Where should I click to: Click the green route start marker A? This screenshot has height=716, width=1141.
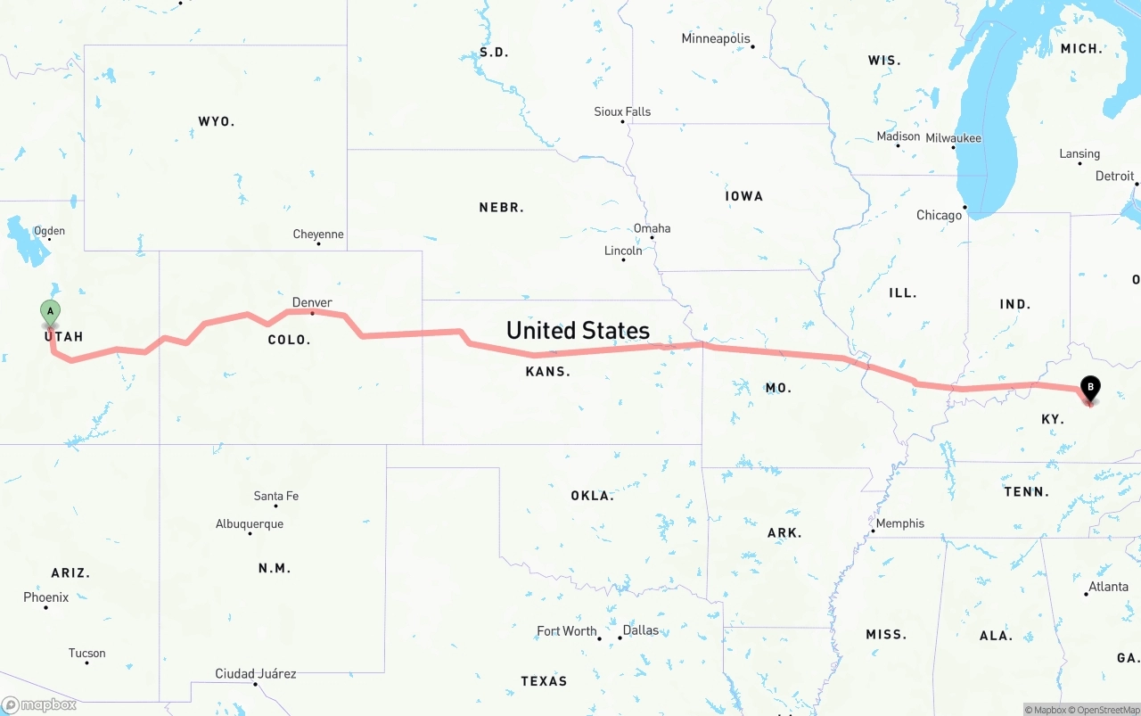pyautogui.click(x=51, y=312)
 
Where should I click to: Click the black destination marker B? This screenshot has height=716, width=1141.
pyautogui.click(x=1089, y=388)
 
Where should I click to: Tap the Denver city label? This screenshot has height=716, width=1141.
pyautogui.click(x=312, y=302)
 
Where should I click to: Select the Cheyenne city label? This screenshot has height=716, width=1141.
pyautogui.click(x=318, y=234)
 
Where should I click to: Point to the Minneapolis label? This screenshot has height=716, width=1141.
pyautogui.click(x=716, y=38)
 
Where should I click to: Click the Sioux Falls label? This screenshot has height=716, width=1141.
pyautogui.click(x=622, y=111)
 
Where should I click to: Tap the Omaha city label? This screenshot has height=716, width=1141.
pyautogui.click(x=652, y=228)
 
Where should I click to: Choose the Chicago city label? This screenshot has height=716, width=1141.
pyautogui.click(x=940, y=215)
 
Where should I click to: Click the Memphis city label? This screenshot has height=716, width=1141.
pyautogui.click(x=900, y=523)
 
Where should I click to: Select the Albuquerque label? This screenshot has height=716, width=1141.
pyautogui.click(x=250, y=523)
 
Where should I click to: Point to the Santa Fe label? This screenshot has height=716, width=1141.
pyautogui.click(x=276, y=496)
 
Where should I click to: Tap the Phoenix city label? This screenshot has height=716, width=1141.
pyautogui.click(x=45, y=597)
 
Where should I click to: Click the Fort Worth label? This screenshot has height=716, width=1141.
pyautogui.click(x=567, y=630)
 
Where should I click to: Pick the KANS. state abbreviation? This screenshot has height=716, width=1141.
pyautogui.click(x=547, y=371)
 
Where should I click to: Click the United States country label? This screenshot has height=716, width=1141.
pyautogui.click(x=578, y=330)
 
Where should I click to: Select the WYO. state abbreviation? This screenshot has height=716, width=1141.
pyautogui.click(x=217, y=120)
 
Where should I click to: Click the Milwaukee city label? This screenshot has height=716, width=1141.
pyautogui.click(x=953, y=137)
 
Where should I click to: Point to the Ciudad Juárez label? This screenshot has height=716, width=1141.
pyautogui.click(x=256, y=673)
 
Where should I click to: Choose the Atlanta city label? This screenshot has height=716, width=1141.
pyautogui.click(x=1109, y=586)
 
